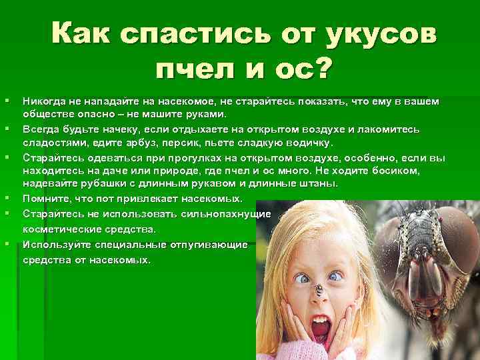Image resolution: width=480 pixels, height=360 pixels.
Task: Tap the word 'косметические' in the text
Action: (x=58, y=229)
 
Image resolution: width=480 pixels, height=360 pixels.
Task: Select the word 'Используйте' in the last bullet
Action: (x=53, y=245)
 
